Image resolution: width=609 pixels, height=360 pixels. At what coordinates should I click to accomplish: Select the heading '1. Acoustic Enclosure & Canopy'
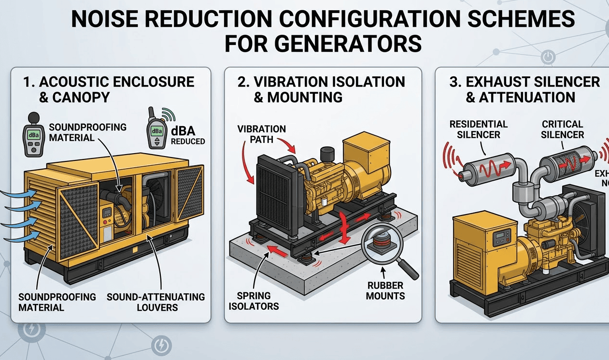pyautogui.click(x=108, y=89)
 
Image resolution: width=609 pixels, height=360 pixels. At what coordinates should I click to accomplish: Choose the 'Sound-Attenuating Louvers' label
pyautogui.click(x=156, y=302)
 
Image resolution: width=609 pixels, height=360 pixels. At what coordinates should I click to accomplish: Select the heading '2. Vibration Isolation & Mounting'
pyautogui.click(x=321, y=89)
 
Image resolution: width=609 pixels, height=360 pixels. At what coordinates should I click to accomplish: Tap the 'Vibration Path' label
pyautogui.click(x=262, y=135)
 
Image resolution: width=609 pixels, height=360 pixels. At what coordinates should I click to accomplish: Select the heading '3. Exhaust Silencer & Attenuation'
pyautogui.click(x=524, y=89)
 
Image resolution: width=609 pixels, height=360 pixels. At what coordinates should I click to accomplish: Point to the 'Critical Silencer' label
pyautogui.click(x=562, y=129)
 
